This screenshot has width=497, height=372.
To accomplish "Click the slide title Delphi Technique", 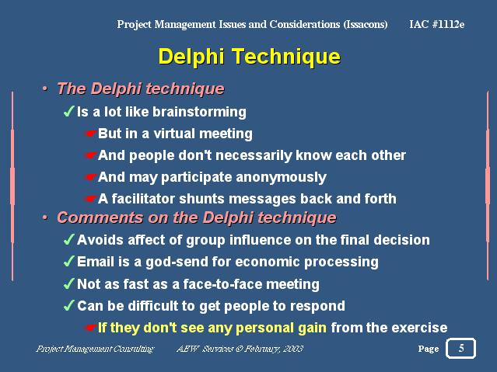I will click(x=249, y=57).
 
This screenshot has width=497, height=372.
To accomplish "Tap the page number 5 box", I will click(x=460, y=348).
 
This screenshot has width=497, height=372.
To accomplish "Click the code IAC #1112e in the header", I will click(x=436, y=24).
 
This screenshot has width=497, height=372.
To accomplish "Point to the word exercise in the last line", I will click(x=420, y=328).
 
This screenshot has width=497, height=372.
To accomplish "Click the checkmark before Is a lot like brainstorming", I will click(x=68, y=112).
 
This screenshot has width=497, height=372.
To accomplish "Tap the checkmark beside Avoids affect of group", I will click(x=68, y=240).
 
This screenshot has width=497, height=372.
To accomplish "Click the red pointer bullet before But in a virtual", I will click(x=91, y=134).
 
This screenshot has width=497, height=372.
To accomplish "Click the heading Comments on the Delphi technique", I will click(x=196, y=217).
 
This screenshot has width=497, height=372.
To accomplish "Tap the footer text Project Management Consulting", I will click(x=95, y=349).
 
